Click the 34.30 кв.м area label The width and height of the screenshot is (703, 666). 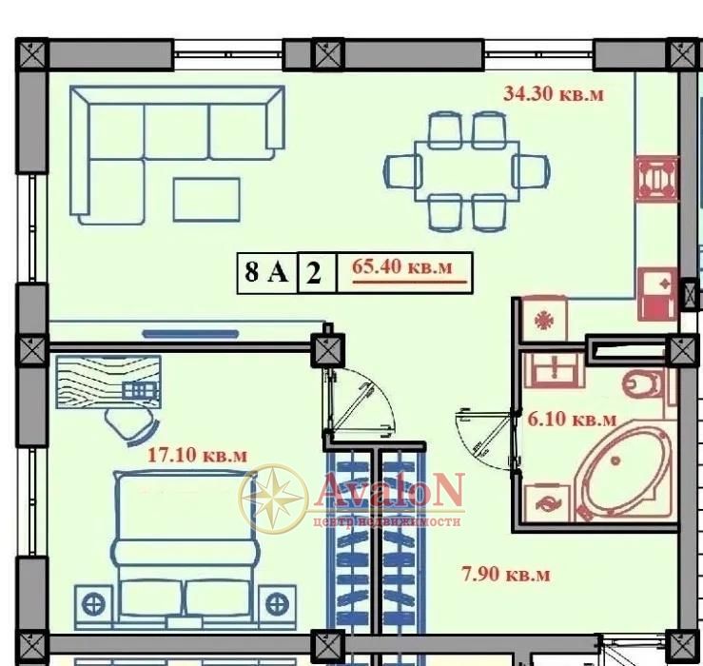click(554, 94)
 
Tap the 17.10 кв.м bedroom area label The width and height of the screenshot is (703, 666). click(197, 455)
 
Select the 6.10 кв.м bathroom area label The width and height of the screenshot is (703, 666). click(572, 420)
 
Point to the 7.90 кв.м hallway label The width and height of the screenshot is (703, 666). click(506, 574)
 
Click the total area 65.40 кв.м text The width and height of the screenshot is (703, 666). click(402, 266)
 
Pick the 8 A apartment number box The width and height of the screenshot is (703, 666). click(267, 273)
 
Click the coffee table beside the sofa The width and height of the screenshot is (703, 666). click(206, 200)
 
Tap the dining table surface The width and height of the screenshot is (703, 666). click(467, 171)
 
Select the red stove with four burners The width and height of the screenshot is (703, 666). click(656, 179)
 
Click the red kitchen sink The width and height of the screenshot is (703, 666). click(657, 294)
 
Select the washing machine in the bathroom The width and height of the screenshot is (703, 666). click(548, 503)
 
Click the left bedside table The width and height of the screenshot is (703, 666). click(94, 605)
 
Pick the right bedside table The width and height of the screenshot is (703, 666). click(278, 605)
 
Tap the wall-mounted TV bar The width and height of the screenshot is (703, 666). click(190, 334)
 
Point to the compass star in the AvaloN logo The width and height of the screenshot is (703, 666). click(274, 498)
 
